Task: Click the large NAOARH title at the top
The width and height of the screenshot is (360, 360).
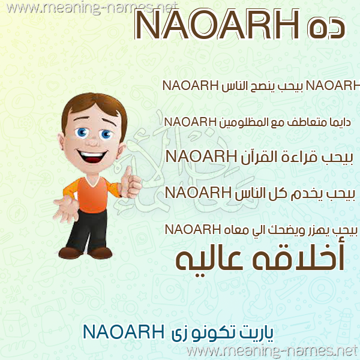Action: point(217,25)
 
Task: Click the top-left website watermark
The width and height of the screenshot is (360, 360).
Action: point(92,8)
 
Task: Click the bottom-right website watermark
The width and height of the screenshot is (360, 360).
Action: point(272,352)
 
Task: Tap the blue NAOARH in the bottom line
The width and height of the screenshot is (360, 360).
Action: point(124,332)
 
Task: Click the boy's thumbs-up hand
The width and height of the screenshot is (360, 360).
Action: point(130,182)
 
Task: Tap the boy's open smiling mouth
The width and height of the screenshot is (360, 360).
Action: point(92,155)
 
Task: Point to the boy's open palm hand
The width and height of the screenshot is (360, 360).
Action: point(66,209)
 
